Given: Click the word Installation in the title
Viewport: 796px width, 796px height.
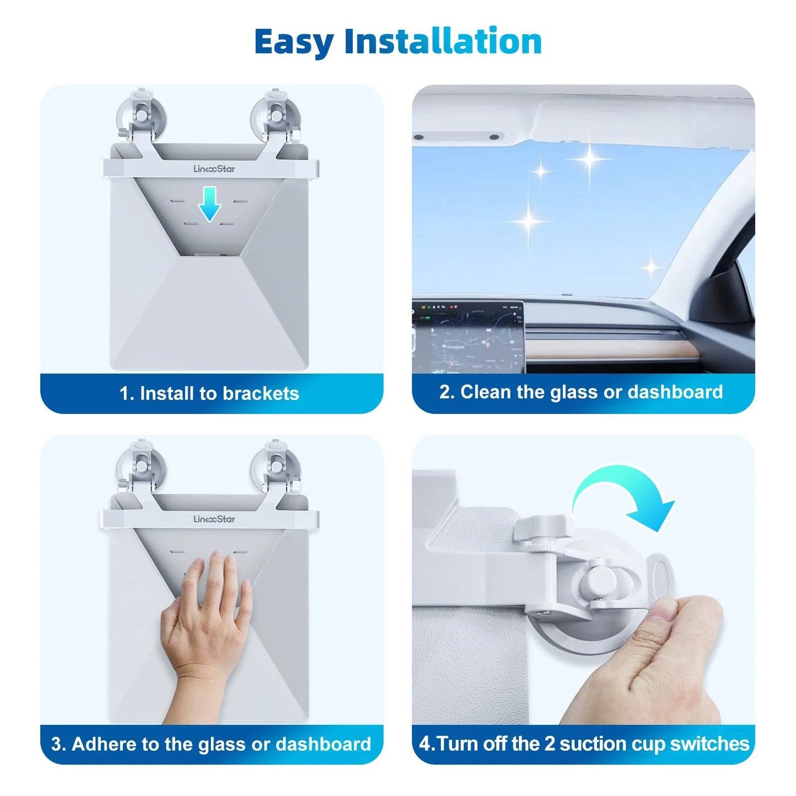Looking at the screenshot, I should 443,41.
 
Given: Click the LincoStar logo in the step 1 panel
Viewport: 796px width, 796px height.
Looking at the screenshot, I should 214,169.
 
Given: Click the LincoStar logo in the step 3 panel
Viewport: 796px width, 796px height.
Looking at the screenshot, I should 214,519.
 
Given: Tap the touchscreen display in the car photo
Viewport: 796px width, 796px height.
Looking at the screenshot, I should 468,336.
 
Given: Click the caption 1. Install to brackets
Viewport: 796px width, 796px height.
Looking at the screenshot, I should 209,393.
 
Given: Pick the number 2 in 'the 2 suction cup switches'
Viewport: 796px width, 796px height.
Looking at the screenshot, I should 549,744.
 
